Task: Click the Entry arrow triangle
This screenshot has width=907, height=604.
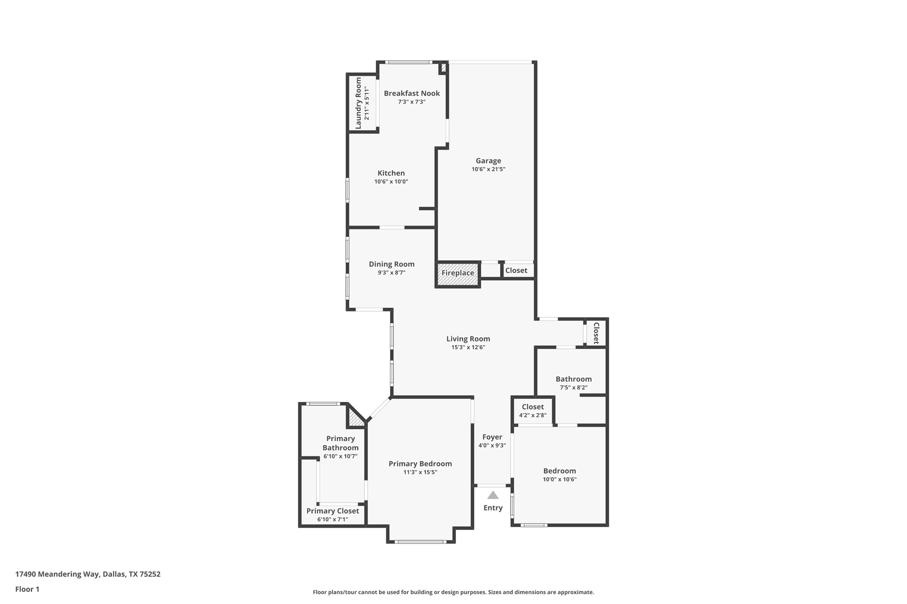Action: (493, 495)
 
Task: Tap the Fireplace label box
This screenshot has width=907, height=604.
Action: (458, 273)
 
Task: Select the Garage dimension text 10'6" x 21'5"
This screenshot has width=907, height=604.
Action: (488, 169)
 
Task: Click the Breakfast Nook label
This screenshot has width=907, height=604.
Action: (412, 93)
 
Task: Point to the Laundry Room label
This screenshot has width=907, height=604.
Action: (358, 103)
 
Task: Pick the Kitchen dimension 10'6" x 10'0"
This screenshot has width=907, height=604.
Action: (391, 182)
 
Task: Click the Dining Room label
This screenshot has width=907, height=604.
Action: (391, 264)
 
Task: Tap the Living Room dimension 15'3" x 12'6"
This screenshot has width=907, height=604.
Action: (468, 347)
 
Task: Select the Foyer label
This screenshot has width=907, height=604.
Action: (492, 437)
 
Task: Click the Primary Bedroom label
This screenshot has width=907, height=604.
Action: (420, 464)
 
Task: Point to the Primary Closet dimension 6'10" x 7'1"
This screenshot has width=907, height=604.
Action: (332, 520)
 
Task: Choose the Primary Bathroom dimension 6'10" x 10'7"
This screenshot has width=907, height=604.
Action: (340, 456)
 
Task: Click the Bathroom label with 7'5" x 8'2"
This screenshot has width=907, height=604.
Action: (573, 379)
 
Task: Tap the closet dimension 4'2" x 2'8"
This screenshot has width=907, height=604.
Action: (532, 415)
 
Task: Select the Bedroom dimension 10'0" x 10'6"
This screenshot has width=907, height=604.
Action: (560, 480)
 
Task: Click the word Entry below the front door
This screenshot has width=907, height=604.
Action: (493, 508)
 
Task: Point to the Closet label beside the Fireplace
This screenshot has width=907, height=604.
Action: (516, 271)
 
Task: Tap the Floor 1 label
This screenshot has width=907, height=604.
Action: (27, 589)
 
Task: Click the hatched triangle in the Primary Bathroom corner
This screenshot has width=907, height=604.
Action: (355, 420)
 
